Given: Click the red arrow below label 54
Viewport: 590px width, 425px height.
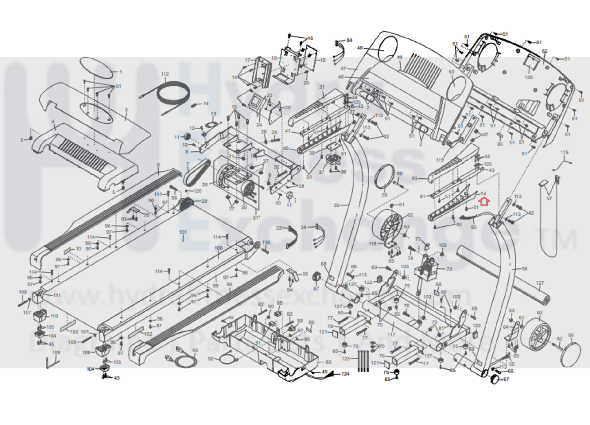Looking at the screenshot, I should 484,202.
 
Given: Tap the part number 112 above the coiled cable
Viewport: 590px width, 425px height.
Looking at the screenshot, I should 165,74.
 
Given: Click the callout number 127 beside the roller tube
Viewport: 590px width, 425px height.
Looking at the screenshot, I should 540,283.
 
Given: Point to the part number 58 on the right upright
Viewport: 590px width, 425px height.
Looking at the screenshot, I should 524,268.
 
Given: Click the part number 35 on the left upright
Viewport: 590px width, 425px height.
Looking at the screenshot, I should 336,205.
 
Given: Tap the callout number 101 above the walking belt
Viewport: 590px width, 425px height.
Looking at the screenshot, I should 183,232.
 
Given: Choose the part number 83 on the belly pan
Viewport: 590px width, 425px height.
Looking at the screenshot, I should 328,362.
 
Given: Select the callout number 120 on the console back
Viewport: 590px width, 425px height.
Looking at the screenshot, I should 528,77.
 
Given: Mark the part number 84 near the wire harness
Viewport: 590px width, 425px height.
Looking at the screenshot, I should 349,40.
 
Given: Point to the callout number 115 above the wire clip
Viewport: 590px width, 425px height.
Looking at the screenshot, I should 565,152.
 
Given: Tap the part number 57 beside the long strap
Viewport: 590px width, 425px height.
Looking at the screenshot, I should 549,198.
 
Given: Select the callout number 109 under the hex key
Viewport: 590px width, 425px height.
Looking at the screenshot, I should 56,352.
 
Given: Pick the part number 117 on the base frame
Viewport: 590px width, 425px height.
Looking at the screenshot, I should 391,335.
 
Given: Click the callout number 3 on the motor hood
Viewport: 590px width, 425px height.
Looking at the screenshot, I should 126,110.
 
